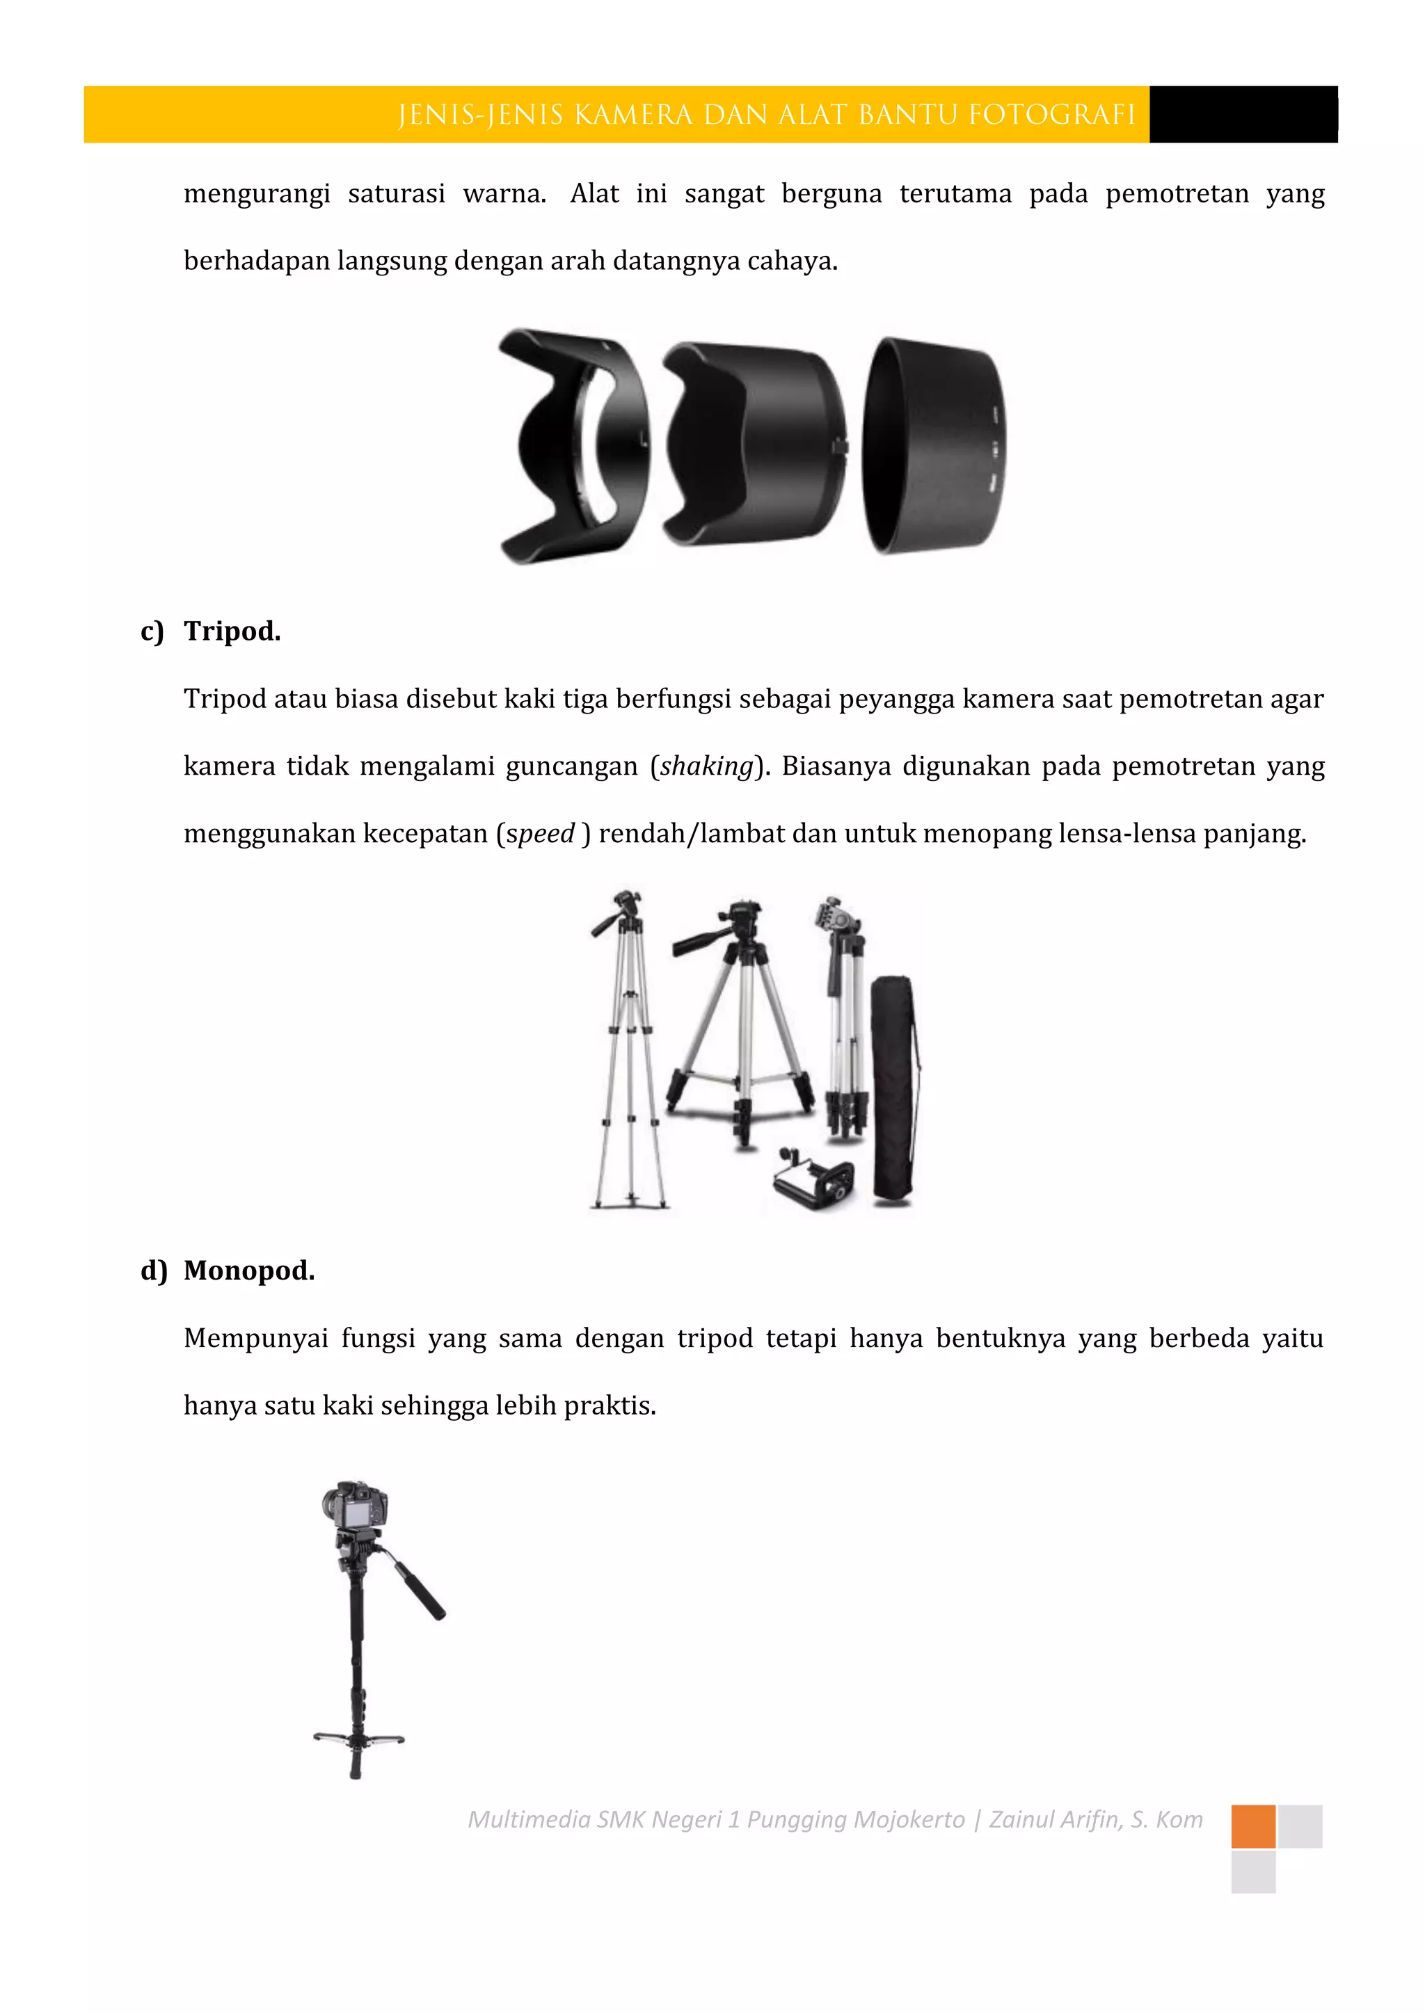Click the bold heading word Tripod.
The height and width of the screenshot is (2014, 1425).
click(232, 631)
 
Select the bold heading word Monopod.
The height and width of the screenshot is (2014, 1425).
click(248, 1271)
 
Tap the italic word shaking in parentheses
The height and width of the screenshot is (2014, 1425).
click(706, 766)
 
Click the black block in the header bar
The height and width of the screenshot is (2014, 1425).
click(1243, 115)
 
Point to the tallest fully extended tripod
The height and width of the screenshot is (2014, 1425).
click(628, 1053)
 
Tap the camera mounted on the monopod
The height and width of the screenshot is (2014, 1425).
click(354, 1505)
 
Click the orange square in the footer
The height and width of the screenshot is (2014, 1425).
click(1253, 1826)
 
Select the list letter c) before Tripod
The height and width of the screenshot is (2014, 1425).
click(152, 631)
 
